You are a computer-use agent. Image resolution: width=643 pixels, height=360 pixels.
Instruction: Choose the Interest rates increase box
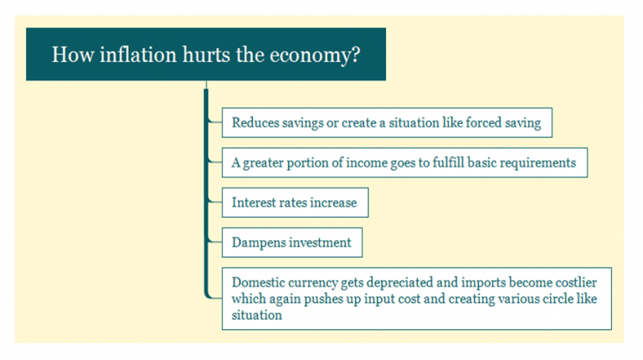295,203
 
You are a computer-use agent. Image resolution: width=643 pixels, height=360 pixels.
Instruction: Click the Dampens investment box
292,243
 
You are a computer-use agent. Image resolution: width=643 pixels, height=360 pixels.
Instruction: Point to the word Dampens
259,243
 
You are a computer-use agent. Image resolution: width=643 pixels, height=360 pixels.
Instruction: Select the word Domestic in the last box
258,283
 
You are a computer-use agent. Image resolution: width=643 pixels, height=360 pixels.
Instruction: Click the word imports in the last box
486,283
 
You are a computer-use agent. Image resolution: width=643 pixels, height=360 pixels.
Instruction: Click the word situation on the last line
257,315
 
